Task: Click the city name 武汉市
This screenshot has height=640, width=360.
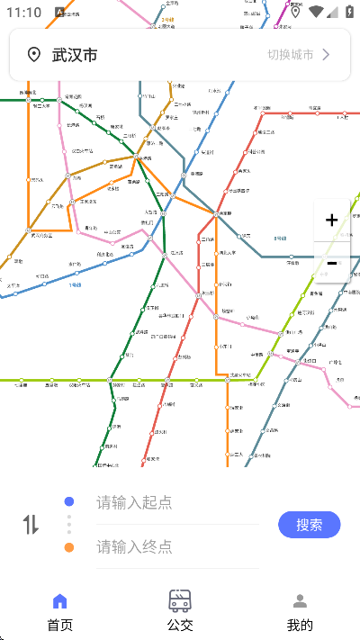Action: click(75, 55)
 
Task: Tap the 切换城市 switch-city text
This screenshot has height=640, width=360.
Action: click(290, 55)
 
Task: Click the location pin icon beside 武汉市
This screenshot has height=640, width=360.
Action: click(34, 55)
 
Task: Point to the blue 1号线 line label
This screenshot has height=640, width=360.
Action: click(75, 285)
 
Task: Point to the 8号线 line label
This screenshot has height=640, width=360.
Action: click(279, 239)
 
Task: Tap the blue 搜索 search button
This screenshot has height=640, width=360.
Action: click(309, 525)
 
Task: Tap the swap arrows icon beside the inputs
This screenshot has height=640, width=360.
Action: click(31, 525)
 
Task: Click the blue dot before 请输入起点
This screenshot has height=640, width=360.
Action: click(69, 502)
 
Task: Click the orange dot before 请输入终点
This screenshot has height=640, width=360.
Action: click(69, 547)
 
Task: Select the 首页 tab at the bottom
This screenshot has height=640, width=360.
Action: click(59, 612)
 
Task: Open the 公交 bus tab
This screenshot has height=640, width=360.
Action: click(180, 612)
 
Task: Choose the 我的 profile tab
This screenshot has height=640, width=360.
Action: click(300, 612)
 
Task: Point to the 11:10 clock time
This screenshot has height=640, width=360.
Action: click(23, 13)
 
